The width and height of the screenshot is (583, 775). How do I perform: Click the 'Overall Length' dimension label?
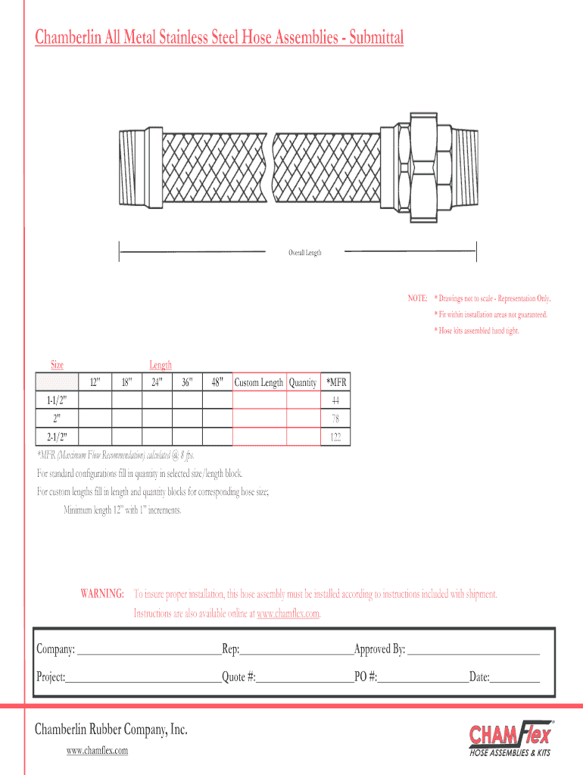tap(304, 253)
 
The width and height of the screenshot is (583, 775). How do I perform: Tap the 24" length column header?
tap(157, 383)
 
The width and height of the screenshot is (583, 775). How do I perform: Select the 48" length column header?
tap(217, 383)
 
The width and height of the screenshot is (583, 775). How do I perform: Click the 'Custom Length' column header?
tap(259, 383)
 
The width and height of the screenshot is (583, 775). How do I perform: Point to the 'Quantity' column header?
tap(303, 383)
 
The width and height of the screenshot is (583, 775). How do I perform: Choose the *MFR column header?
tap(335, 383)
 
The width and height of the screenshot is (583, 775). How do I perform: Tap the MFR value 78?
tap(335, 419)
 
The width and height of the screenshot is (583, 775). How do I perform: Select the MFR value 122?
tap(335, 437)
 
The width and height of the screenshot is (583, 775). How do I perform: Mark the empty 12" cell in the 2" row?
tap(95, 419)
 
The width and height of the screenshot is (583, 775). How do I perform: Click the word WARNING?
tap(102, 594)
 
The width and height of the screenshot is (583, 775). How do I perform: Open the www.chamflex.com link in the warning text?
tap(288, 613)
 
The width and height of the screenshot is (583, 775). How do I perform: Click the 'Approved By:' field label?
tap(380, 650)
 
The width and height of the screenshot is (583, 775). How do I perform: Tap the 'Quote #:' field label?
tap(238, 677)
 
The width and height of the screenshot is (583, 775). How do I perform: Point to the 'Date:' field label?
tap(480, 677)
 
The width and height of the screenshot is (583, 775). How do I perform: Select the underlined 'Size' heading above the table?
tap(57, 366)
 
